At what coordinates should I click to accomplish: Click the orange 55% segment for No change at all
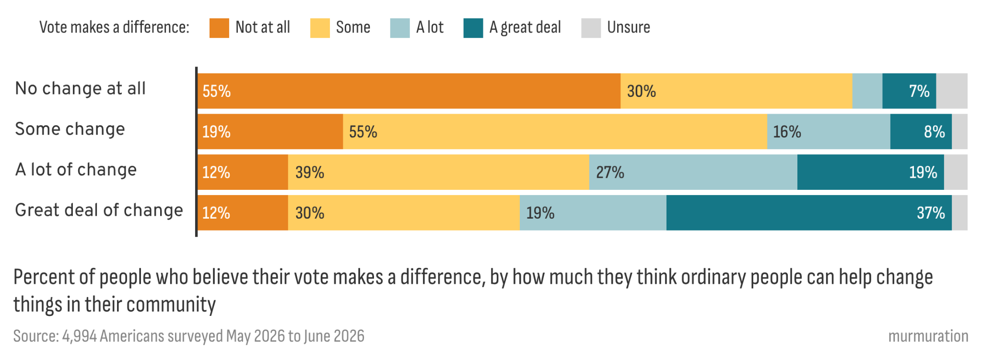tap(409, 91)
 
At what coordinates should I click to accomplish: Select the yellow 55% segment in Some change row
tap(555, 131)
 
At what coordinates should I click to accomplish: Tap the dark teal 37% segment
tap(809, 213)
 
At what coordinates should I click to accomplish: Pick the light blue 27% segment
tap(693, 172)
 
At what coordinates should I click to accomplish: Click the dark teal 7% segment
tap(909, 91)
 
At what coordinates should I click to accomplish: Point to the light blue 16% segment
tap(829, 131)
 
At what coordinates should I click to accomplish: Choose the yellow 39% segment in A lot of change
tap(439, 172)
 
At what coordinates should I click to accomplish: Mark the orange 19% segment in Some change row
tap(270, 131)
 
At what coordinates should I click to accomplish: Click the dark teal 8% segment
tap(921, 131)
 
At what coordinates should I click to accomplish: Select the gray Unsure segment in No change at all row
tap(952, 91)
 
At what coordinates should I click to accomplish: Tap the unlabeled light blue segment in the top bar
tap(867, 91)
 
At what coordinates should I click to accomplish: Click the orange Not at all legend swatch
tap(219, 28)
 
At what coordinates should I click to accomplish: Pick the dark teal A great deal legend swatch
tap(473, 28)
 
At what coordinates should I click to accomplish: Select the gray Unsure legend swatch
tap(591, 28)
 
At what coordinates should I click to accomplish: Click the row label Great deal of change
tap(99, 210)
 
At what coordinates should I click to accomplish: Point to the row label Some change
tap(70, 129)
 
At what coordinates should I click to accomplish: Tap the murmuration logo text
tap(928, 336)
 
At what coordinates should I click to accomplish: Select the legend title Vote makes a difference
tap(114, 27)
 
